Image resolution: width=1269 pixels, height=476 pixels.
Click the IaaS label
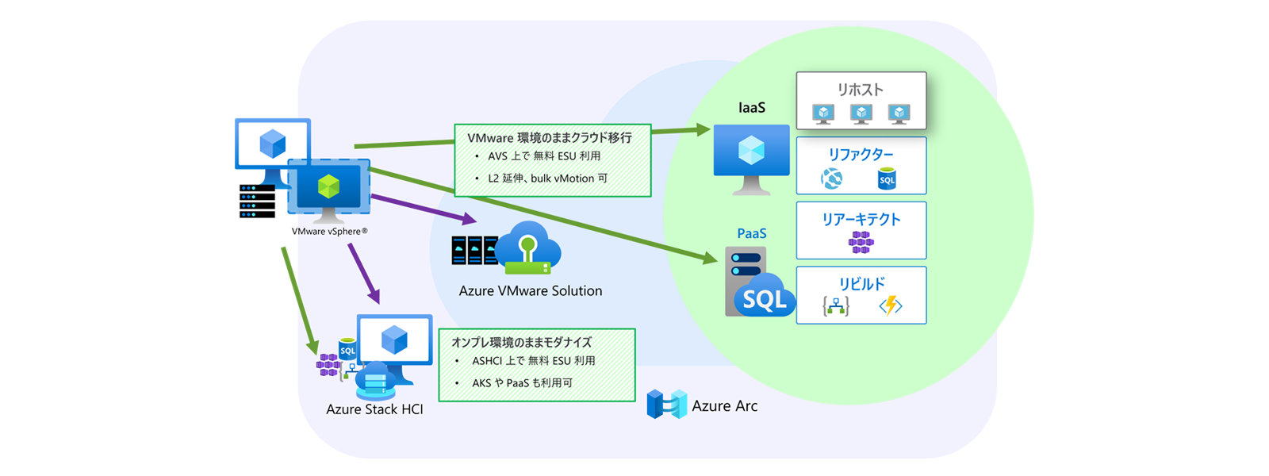[x=751, y=108]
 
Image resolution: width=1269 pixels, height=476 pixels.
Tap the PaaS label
[x=751, y=233]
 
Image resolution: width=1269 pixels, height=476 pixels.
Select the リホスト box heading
[x=861, y=90]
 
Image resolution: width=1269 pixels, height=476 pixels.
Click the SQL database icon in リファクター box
[x=887, y=178]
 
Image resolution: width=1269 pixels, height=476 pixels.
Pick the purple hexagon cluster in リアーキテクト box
[x=861, y=242]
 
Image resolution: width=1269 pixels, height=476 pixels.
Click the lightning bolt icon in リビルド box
[x=891, y=305]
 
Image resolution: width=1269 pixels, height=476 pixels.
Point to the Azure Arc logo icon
[x=665, y=405]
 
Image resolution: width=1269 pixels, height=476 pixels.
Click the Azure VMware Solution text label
[x=530, y=291]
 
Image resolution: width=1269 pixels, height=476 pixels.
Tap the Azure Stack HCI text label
[x=374, y=409]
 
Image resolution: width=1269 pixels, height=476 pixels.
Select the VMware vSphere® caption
[x=329, y=232]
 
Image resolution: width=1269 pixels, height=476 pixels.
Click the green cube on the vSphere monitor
[x=328, y=187]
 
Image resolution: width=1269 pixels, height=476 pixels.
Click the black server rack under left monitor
[x=257, y=202]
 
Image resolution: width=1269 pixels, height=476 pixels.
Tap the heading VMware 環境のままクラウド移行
[x=549, y=138]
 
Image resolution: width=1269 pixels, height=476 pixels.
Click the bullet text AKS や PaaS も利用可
[x=522, y=383]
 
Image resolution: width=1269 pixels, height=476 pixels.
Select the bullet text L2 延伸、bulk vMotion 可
[x=547, y=178]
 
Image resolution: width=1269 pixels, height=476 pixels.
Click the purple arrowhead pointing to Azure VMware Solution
[x=468, y=219]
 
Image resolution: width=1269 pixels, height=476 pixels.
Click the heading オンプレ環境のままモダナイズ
[x=521, y=343]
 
